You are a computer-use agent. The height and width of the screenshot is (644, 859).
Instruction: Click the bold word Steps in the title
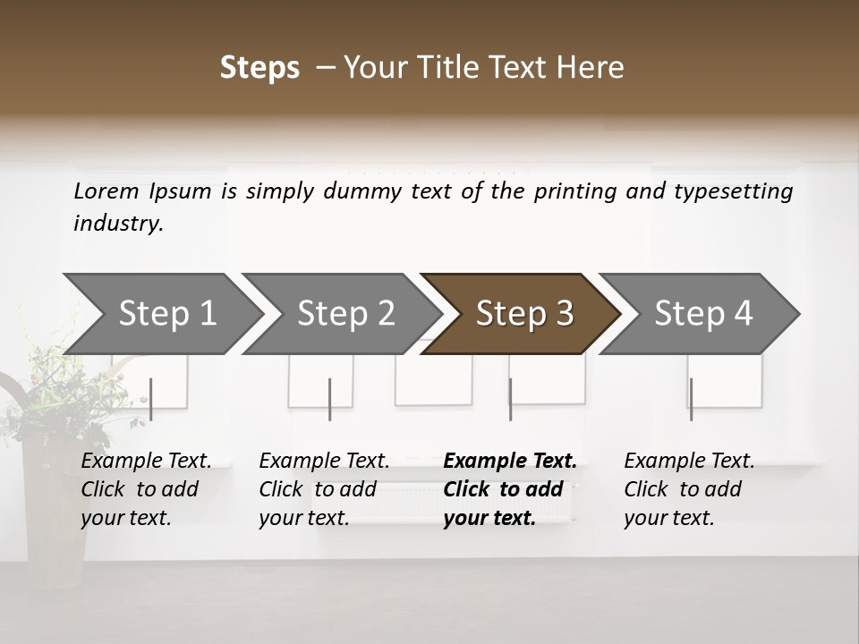pos(259,68)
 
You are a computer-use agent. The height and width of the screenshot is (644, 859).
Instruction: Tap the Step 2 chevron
pos(345,314)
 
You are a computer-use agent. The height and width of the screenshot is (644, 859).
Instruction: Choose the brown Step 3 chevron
pos(523,314)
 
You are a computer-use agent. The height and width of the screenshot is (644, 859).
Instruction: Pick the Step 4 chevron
pos(702,314)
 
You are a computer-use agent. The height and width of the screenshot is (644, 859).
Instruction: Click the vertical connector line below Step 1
pos(151,399)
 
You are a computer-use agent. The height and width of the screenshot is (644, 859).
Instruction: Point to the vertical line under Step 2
pos(330,399)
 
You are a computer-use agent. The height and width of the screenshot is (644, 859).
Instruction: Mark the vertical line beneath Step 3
pos(510,399)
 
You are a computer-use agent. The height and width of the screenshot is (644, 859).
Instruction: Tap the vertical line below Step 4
pos(691,399)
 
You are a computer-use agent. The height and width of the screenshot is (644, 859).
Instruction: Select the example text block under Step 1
pos(146,489)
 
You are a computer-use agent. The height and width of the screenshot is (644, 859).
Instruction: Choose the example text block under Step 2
pos(324,489)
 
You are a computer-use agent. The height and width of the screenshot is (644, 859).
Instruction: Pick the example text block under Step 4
pos(689,489)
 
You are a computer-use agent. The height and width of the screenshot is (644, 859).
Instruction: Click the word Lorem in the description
pos(106,191)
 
